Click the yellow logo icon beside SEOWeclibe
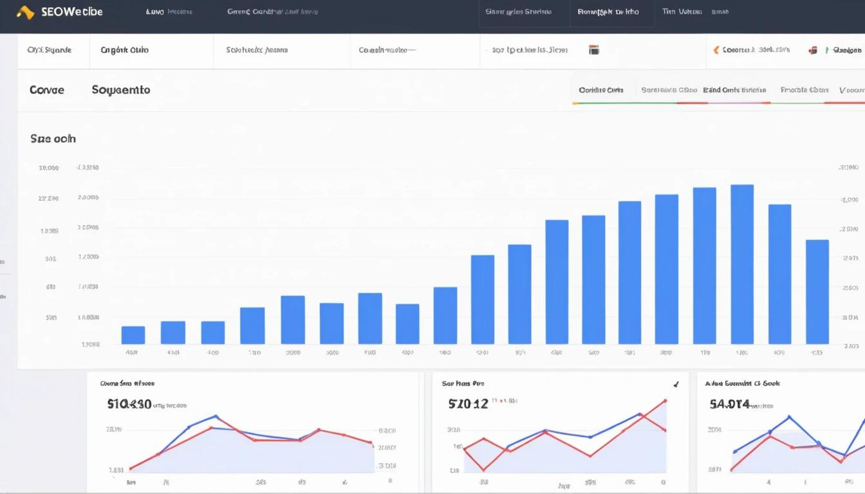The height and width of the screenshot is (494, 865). [x=25, y=12]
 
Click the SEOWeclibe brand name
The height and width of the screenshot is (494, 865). [x=71, y=12]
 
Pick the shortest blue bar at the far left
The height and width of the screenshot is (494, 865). [x=133, y=334]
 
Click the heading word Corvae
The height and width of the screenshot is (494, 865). [x=47, y=90]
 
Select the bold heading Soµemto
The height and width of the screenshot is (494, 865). [x=121, y=90]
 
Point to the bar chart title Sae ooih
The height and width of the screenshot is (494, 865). [x=53, y=138]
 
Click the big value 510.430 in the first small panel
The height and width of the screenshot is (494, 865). [x=129, y=405]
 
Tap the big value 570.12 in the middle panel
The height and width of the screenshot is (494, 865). [x=469, y=404]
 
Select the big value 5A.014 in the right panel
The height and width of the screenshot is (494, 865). [x=730, y=405]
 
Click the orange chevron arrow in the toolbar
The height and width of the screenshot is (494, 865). [x=716, y=50]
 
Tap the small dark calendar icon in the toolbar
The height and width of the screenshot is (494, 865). [x=594, y=50]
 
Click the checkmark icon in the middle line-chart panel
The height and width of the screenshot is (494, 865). [x=676, y=385]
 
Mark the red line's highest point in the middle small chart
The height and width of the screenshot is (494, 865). [x=665, y=400]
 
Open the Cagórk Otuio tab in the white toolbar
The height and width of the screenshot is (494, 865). [x=124, y=50]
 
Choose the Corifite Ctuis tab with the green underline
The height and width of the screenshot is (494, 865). [x=601, y=90]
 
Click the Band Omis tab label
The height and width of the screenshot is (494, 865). [x=734, y=90]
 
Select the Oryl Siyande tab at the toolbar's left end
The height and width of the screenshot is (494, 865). [x=50, y=50]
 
